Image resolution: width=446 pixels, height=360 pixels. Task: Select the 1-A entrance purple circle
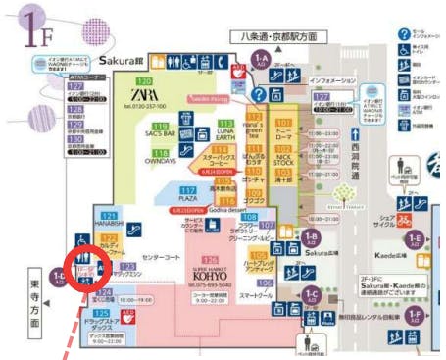point(261,60)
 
